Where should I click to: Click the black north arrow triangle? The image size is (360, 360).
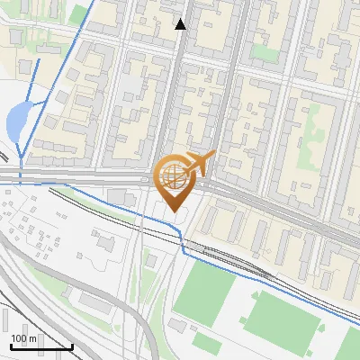pos(181,24)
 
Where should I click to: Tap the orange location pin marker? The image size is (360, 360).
pos(173,184)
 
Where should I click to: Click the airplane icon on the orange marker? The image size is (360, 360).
pos(200,165)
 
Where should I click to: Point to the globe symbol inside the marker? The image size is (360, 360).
pos(173,176)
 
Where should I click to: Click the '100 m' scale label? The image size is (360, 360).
pos(24,337)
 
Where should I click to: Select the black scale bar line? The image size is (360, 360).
pos(41,346)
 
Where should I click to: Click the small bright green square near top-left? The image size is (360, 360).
pos(80,13)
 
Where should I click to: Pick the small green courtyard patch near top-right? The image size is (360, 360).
pos(264,51)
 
